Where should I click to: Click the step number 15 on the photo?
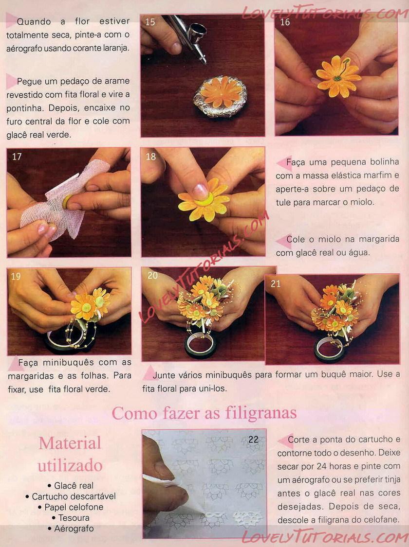pyautogui.click(x=150, y=22)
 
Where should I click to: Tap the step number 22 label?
pyautogui.click(x=253, y=440)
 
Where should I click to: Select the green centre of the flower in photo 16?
pyautogui.click(x=337, y=78)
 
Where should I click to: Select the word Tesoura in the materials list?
pyautogui.click(x=74, y=518)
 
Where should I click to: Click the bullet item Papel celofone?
pyautogui.click(x=71, y=507)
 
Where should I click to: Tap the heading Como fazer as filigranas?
pyautogui.click(x=204, y=413)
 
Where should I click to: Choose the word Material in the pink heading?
pyautogui.click(x=70, y=443)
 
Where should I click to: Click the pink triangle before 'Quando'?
pyautogui.click(x=11, y=20)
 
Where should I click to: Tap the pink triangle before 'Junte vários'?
pyautogui.click(x=149, y=373)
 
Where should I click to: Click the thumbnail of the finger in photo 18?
pyautogui.click(x=200, y=191)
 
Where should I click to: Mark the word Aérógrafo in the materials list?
pyautogui.click(x=74, y=529)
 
